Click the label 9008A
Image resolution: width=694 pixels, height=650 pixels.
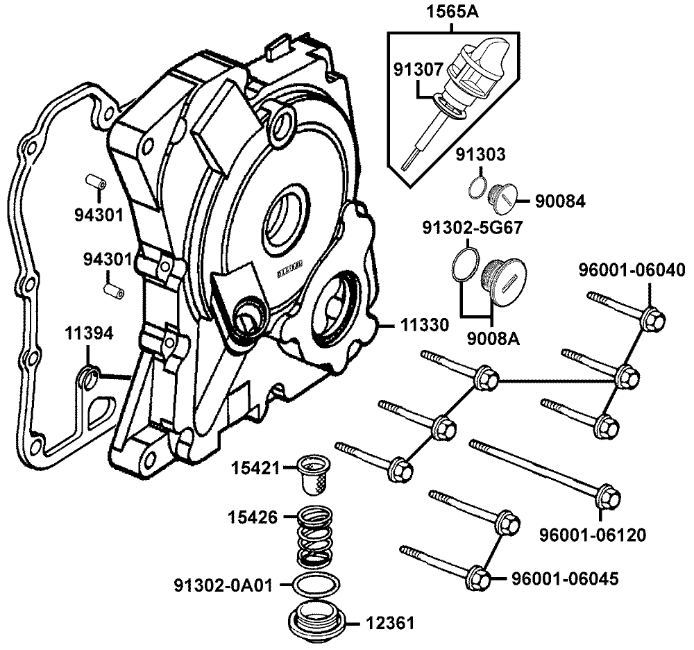[492, 340]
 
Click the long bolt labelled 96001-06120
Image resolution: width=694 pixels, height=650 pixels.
[541, 469]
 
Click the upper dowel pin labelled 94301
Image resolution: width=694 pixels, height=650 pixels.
[96, 182]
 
